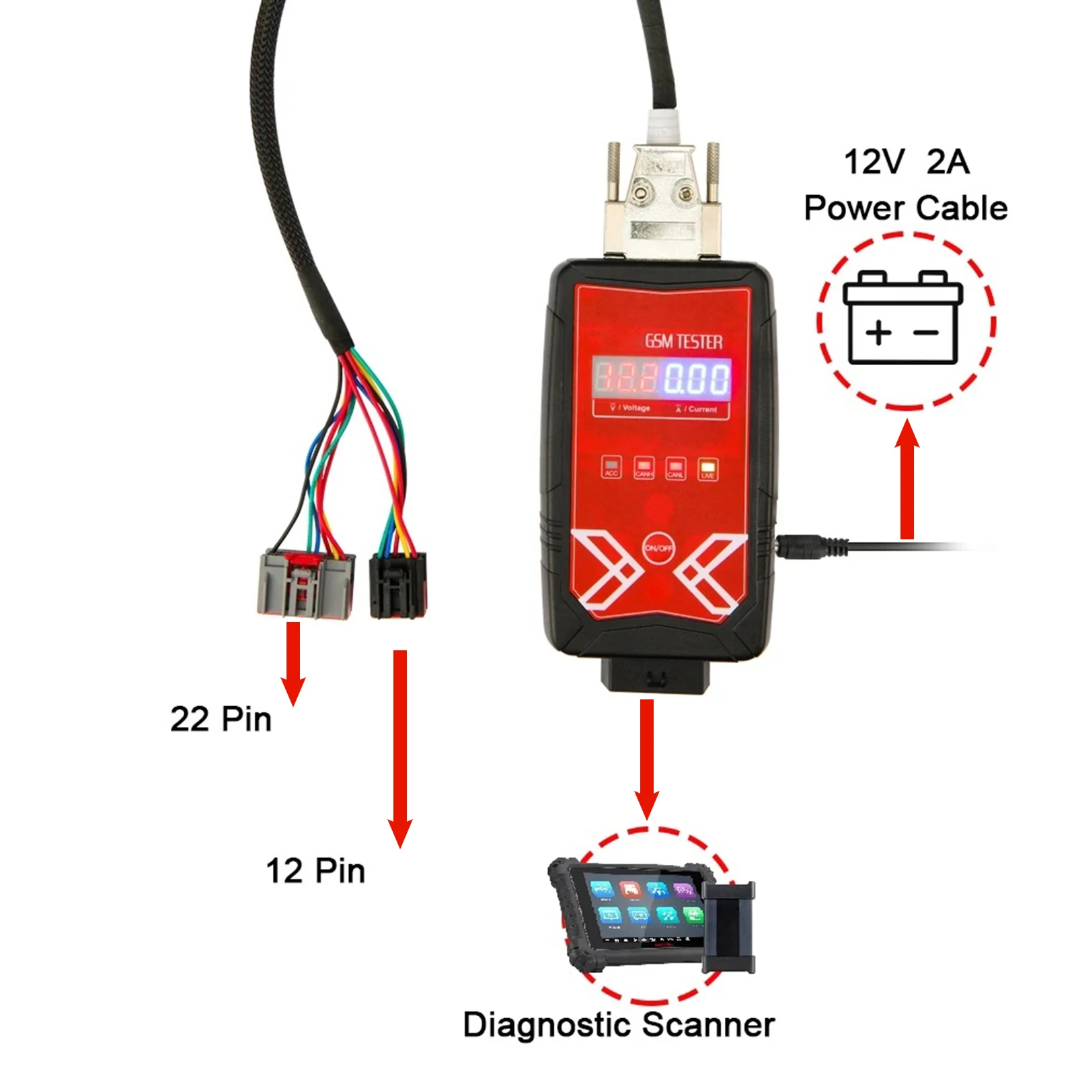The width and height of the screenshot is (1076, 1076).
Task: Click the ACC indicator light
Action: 611,467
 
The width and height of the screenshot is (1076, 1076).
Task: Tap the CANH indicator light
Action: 644,467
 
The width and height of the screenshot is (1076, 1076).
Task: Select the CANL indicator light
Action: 675,467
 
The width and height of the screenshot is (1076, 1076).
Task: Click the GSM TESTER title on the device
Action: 684,342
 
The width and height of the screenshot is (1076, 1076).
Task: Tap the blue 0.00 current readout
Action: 697,378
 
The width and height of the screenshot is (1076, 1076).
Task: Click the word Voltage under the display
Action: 636,408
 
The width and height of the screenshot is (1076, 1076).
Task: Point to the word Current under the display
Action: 702,409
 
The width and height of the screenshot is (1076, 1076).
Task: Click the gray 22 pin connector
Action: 306,584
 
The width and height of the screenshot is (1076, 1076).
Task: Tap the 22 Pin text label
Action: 221,719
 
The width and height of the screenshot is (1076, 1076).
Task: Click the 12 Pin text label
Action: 315,871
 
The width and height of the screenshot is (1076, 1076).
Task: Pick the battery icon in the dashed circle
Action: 903,317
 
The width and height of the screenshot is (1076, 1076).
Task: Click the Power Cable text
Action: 905,208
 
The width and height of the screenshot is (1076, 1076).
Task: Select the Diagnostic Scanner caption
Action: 619,1025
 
